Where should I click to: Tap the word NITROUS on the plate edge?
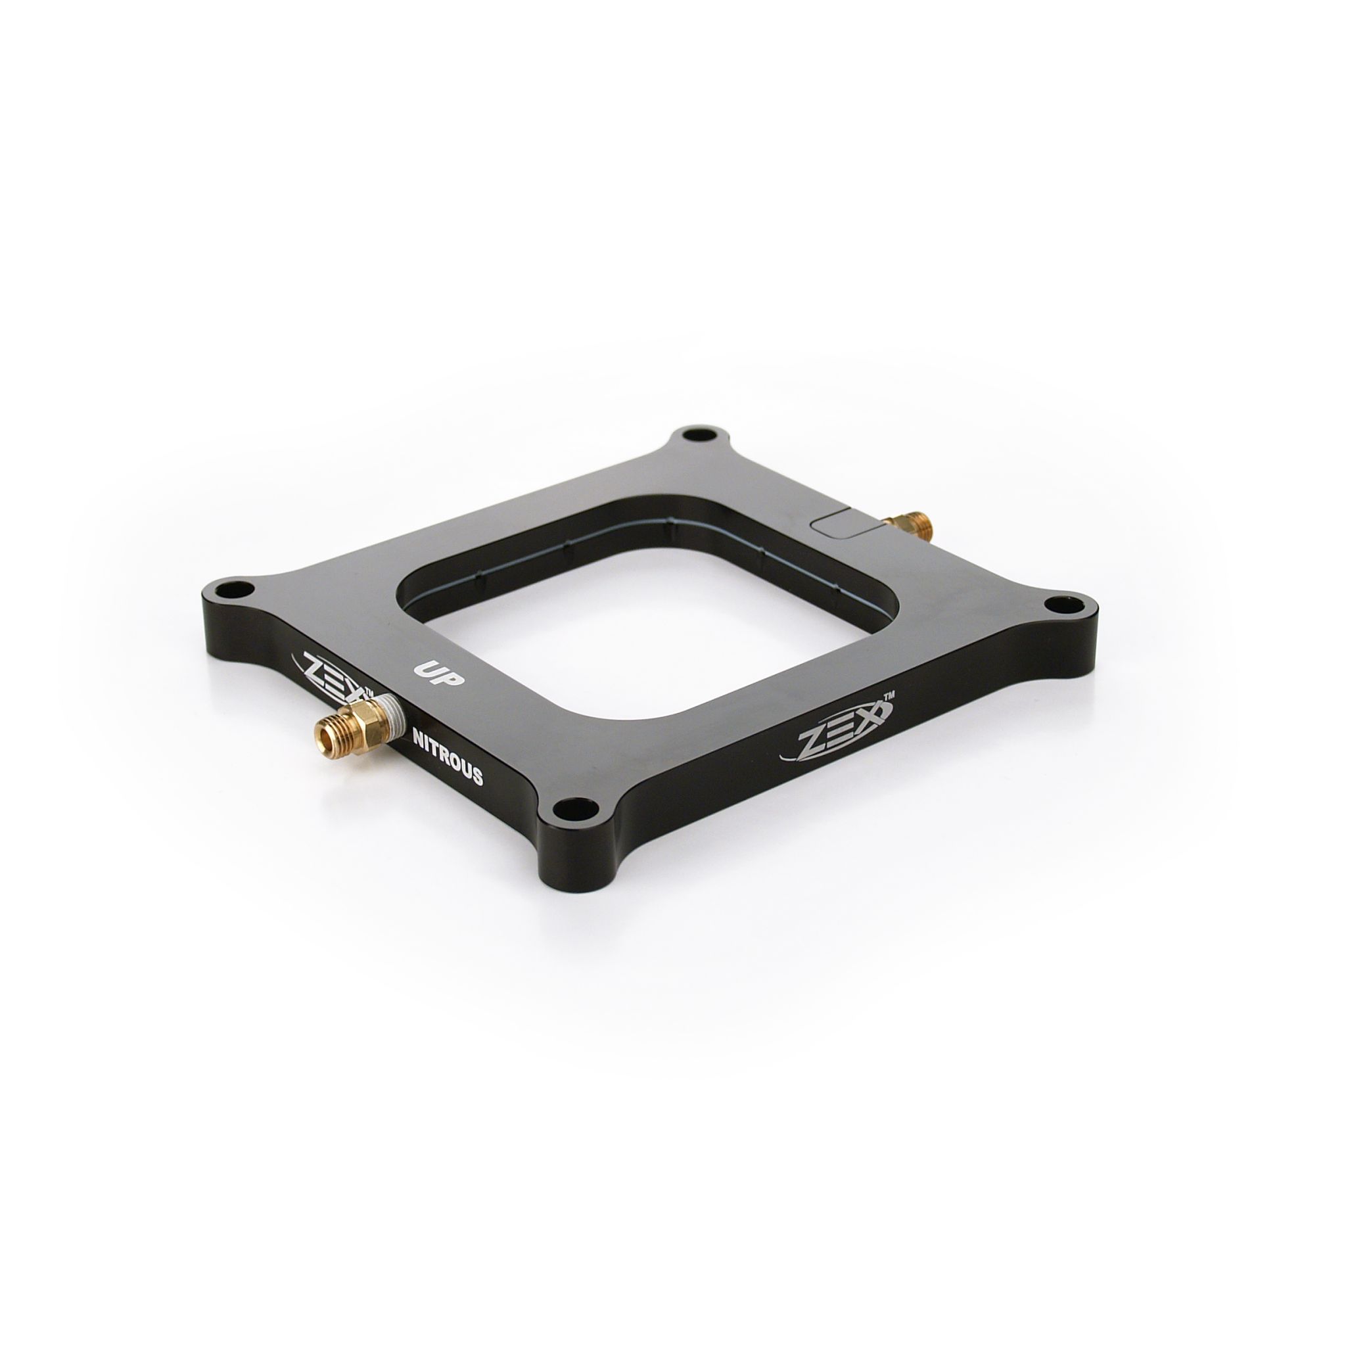pyautogui.click(x=448, y=756)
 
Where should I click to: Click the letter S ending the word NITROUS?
pyautogui.click(x=476, y=776)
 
